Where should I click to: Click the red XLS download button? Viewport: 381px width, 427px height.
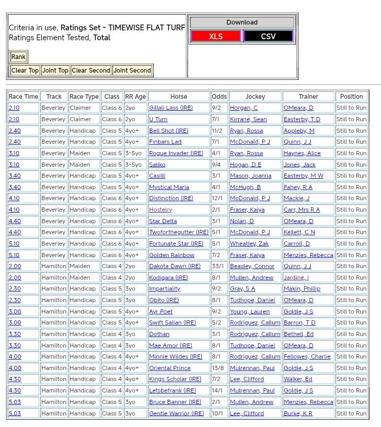pyautogui.click(x=216, y=36)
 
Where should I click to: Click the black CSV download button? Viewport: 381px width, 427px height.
pyautogui.click(x=268, y=36)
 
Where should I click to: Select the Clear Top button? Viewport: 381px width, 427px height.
pyautogui.click(x=25, y=71)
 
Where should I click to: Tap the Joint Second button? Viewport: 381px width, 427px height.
pyautogui.click(x=132, y=71)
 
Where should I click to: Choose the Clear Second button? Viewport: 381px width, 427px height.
pyautogui.click(x=91, y=71)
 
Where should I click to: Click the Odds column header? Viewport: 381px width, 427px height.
pyautogui.click(x=219, y=97)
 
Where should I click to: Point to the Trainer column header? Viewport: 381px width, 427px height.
pyautogui.click(x=308, y=97)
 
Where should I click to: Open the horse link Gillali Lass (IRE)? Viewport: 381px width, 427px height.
pyautogui.click(x=171, y=108)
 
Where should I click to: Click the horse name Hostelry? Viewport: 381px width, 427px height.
pyautogui.click(x=161, y=210)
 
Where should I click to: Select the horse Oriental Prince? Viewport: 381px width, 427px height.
pyautogui.click(x=170, y=368)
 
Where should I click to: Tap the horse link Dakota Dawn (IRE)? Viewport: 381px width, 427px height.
pyautogui.click(x=175, y=267)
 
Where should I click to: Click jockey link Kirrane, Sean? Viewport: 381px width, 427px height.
pyautogui.click(x=248, y=119)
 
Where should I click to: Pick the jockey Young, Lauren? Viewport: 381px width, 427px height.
pyautogui.click(x=250, y=311)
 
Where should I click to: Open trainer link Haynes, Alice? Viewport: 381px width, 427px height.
pyautogui.click(x=302, y=153)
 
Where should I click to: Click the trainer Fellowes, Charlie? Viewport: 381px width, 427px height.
pyautogui.click(x=307, y=356)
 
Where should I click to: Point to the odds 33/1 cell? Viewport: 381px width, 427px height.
pyautogui.click(x=219, y=267)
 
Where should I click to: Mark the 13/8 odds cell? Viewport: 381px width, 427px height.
pyautogui.click(x=219, y=368)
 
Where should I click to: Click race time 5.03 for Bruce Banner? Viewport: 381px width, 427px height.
pyautogui.click(x=15, y=402)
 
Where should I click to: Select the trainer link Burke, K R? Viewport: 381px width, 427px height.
pyautogui.click(x=298, y=413)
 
